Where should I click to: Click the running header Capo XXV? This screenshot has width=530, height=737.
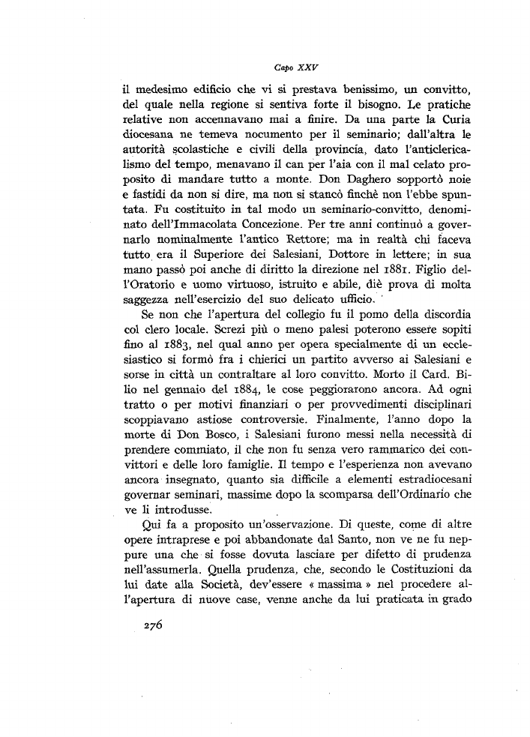265,67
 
